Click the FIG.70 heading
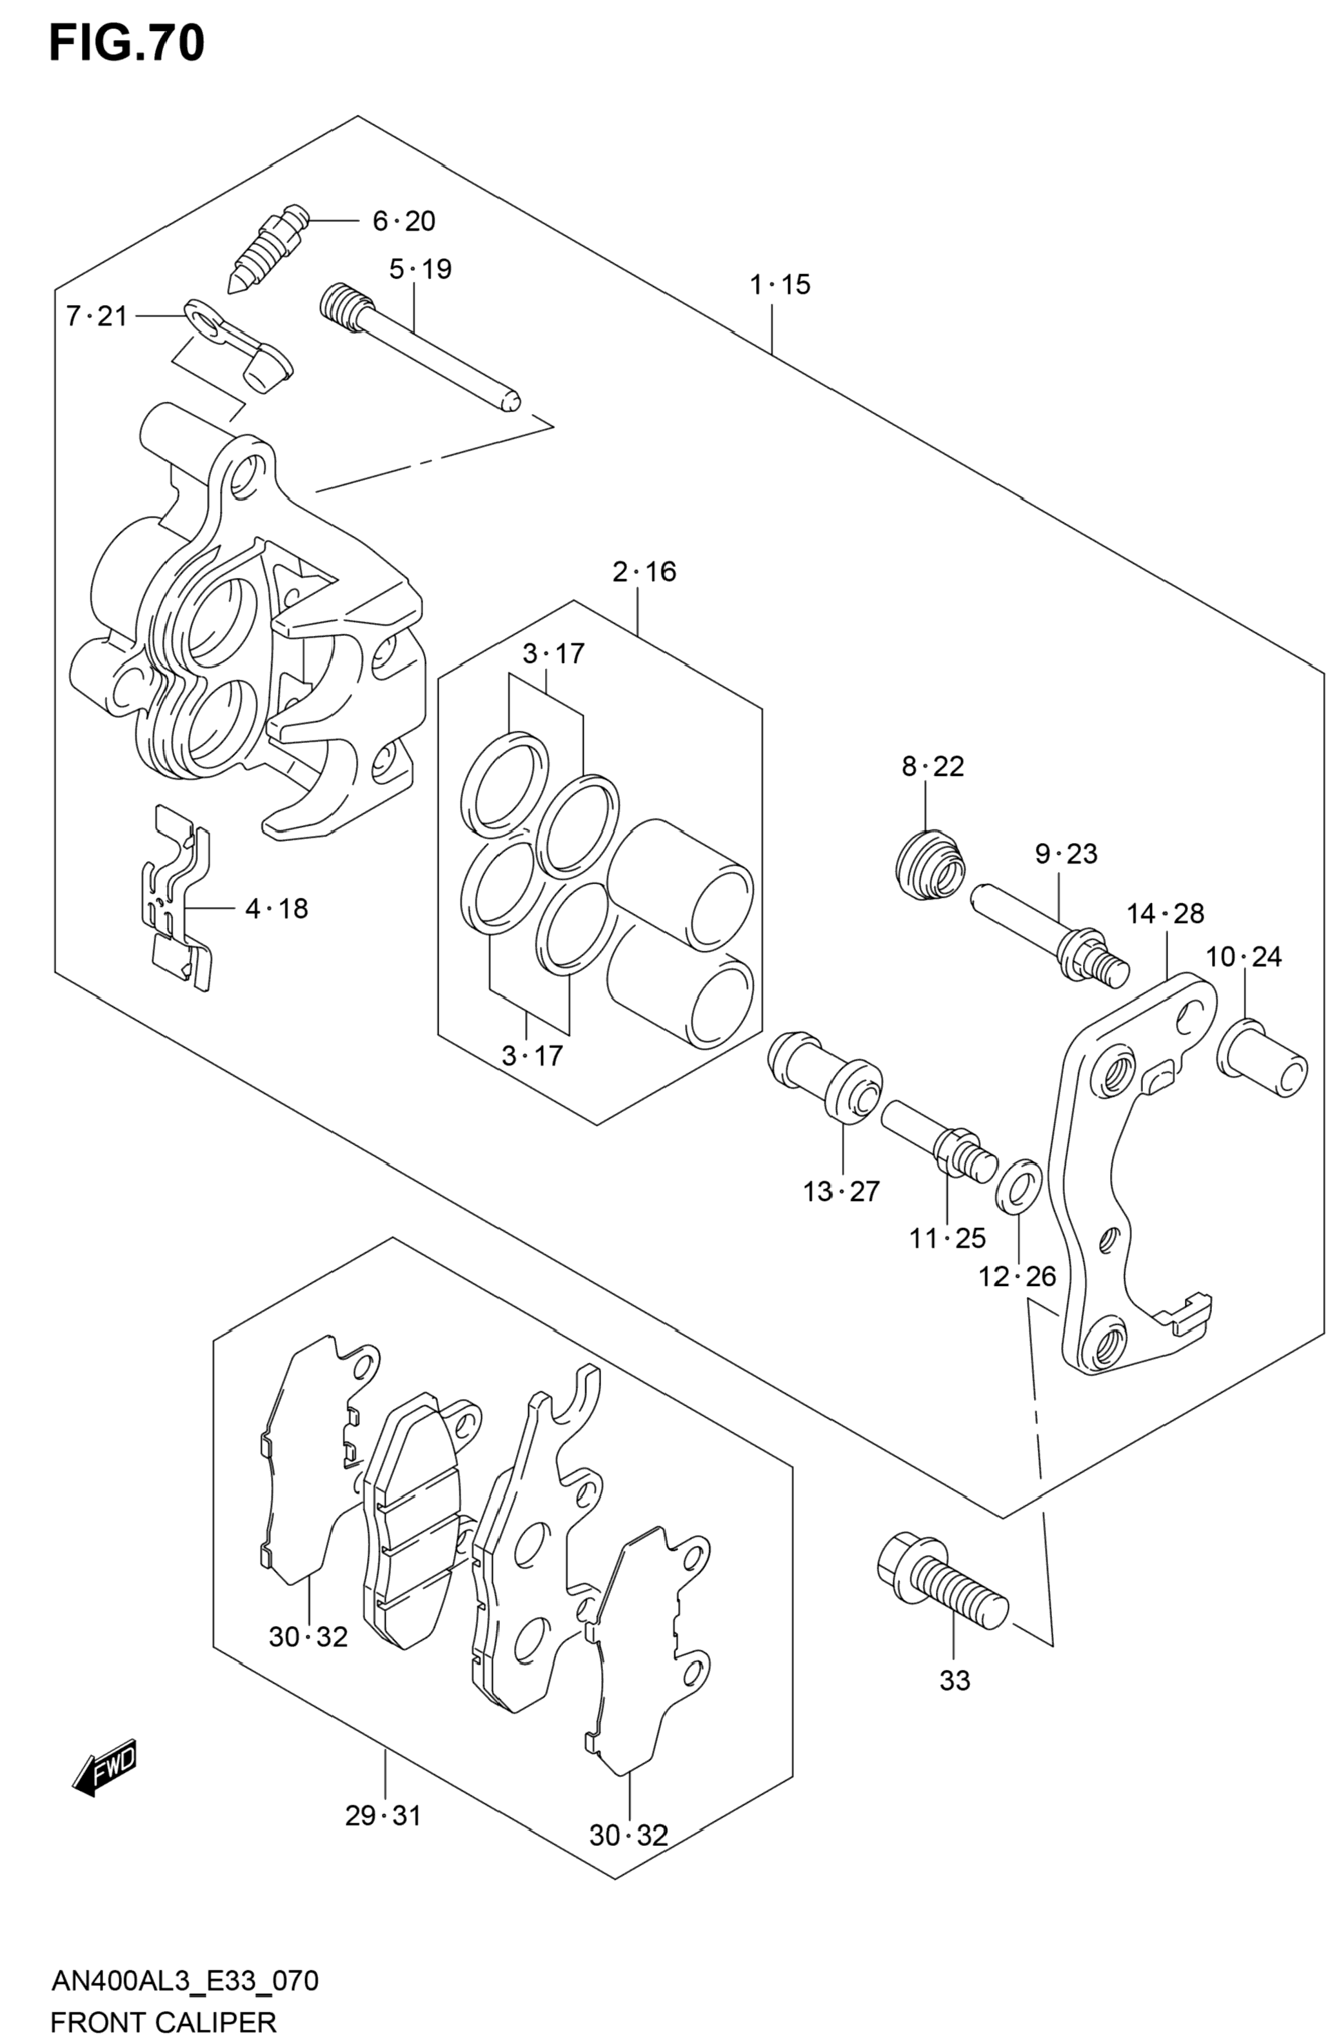point(127,44)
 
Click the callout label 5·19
point(420,270)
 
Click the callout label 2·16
point(644,571)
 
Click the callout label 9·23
point(1066,854)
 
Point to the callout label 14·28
point(1166,914)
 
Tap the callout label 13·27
point(841,1192)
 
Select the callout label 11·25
point(948,1238)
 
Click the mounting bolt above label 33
point(941,1580)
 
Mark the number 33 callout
point(954,1681)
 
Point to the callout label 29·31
point(382,1816)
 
